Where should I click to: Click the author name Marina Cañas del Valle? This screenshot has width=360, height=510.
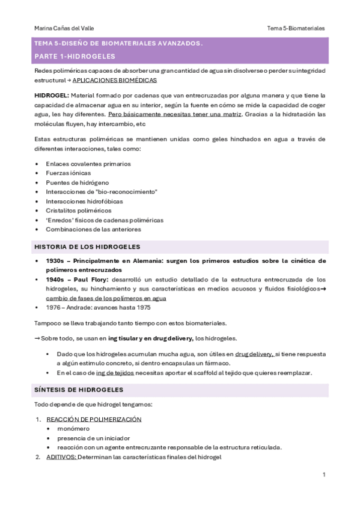tap(64, 28)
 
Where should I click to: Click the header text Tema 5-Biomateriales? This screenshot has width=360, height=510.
tap(296, 28)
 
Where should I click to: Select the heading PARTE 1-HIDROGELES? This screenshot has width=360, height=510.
tap(75, 57)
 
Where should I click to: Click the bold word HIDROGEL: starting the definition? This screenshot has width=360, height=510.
tap(52, 96)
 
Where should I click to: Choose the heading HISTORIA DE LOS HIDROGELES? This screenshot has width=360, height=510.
tap(87, 247)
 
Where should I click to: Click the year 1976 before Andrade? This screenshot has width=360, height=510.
tap(53, 308)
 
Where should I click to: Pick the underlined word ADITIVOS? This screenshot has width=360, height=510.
tap(61, 457)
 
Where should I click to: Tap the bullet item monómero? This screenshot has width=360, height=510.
tap(73, 429)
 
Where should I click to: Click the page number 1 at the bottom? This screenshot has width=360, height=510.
tap(324, 475)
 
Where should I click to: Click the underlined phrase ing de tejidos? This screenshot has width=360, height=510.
tap(115, 373)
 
